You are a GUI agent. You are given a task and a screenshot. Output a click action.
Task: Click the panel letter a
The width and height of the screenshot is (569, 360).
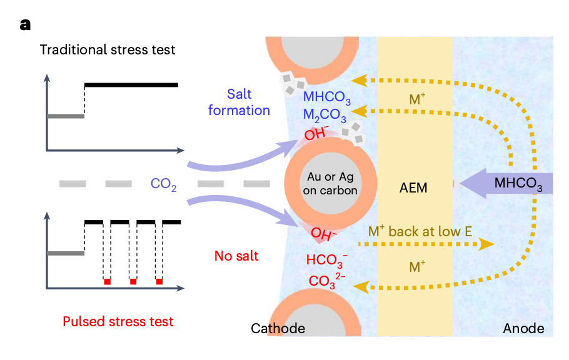25,24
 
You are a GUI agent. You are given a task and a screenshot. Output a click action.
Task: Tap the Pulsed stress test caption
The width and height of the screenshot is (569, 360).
118,322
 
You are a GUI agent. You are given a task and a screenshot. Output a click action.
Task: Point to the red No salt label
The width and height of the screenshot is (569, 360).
236,255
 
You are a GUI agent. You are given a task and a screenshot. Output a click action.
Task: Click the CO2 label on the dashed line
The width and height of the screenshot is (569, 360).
164,184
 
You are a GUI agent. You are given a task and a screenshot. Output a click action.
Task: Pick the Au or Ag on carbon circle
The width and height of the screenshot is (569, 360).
330,183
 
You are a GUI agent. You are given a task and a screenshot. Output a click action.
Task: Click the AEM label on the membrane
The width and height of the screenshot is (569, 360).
414,187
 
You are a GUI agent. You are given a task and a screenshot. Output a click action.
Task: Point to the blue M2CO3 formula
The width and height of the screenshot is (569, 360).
325,116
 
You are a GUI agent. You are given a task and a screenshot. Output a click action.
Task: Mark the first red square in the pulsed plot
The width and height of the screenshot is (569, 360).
107,282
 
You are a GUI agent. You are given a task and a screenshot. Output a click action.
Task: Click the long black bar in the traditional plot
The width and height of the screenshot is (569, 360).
131,84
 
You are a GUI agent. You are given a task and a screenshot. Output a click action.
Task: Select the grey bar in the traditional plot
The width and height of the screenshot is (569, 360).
66,116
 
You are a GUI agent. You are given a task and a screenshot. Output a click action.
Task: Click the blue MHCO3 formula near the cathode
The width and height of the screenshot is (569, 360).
327,97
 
